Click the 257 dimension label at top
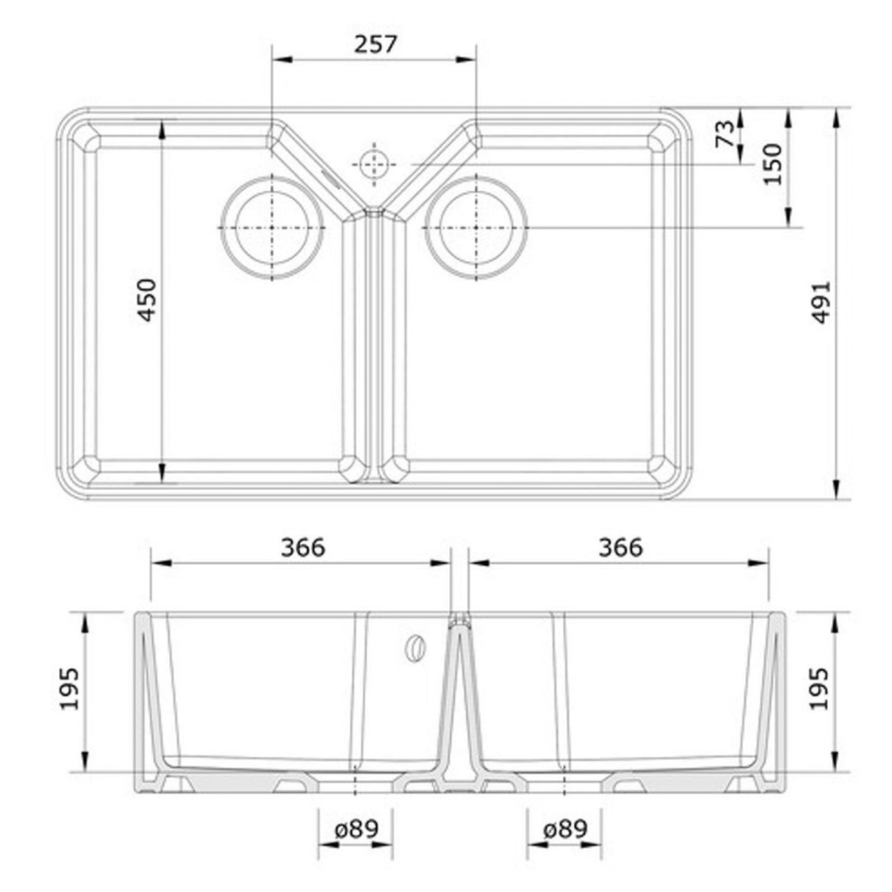click(x=375, y=44)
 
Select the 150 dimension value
click(x=773, y=164)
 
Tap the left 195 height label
click(x=71, y=689)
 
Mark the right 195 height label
click(x=819, y=689)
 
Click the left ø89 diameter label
click(x=356, y=830)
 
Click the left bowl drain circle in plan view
click(x=273, y=228)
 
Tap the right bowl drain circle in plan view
click(x=477, y=228)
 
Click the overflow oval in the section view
click(x=415, y=647)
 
